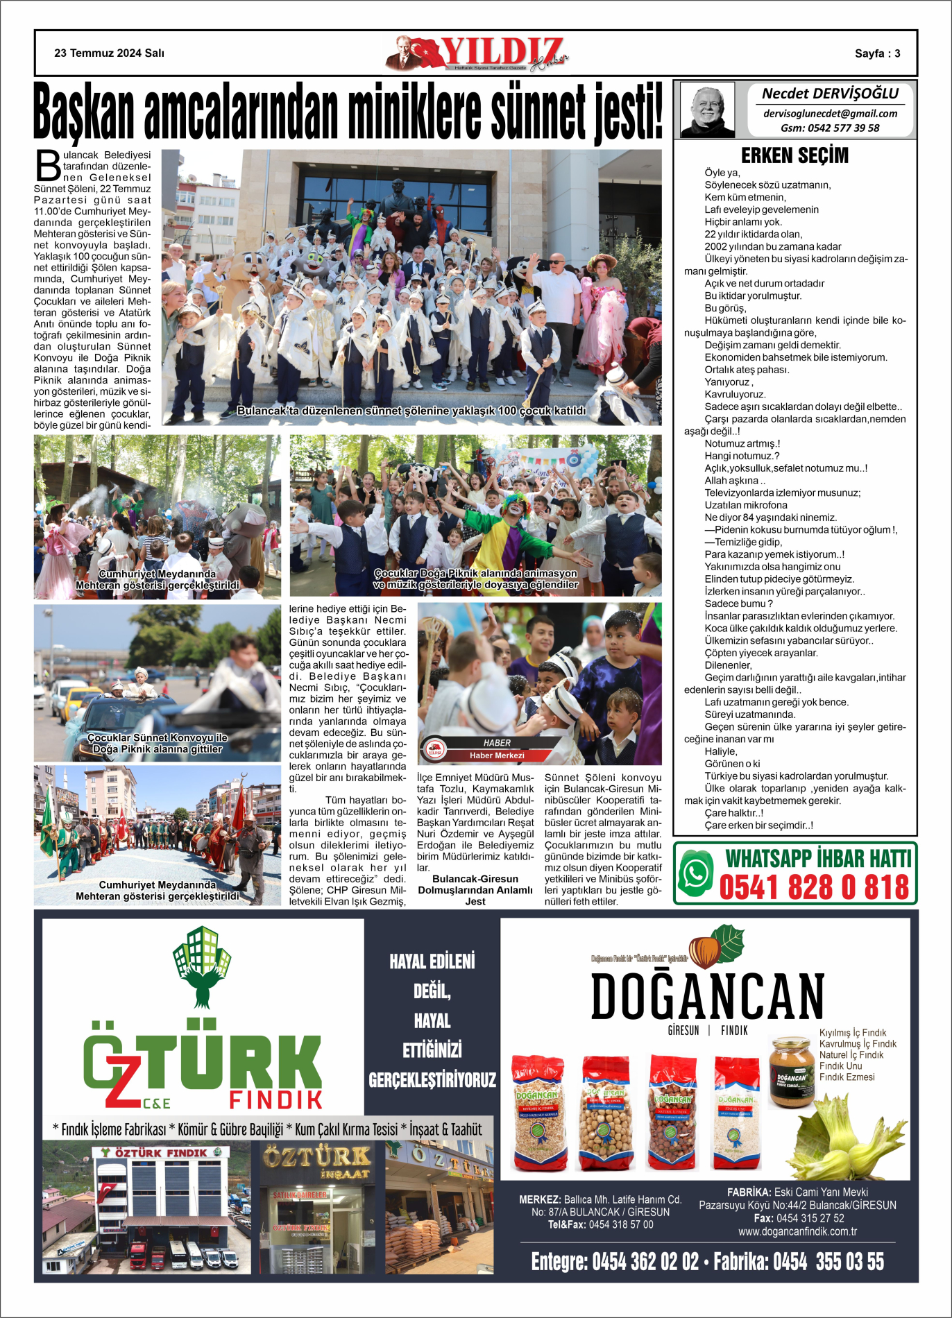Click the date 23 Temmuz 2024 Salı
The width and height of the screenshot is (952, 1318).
pyautogui.click(x=109, y=53)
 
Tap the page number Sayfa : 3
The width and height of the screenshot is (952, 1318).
pyautogui.click(x=877, y=53)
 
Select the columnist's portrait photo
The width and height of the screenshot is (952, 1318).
pyautogui.click(x=707, y=109)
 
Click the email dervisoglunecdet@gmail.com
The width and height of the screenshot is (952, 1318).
pyautogui.click(x=830, y=114)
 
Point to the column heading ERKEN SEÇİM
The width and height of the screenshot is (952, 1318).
pyautogui.click(x=794, y=155)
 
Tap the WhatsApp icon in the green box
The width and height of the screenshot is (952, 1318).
pyautogui.click(x=696, y=873)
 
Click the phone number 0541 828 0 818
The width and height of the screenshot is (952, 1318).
pyautogui.click(x=814, y=887)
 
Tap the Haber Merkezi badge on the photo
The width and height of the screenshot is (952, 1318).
pyautogui.click(x=496, y=749)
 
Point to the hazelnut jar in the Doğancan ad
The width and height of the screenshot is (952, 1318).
pyautogui.click(x=791, y=1072)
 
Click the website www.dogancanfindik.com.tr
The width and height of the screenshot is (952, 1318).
pyautogui.click(x=797, y=1231)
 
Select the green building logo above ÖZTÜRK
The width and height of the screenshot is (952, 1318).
pyautogui.click(x=202, y=965)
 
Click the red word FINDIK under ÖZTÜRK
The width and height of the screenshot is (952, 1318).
pyautogui.click(x=275, y=1099)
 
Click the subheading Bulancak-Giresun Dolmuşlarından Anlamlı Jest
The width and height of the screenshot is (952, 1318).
pyautogui.click(x=475, y=890)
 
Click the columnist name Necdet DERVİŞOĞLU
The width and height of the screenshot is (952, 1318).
pyautogui.click(x=830, y=94)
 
